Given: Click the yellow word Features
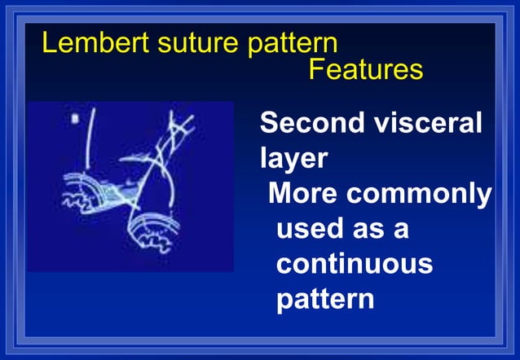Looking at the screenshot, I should click(x=365, y=70).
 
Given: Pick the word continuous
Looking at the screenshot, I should click(x=354, y=264).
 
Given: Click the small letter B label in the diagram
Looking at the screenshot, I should click(x=76, y=119).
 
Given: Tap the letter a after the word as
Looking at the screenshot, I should click(x=401, y=229).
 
